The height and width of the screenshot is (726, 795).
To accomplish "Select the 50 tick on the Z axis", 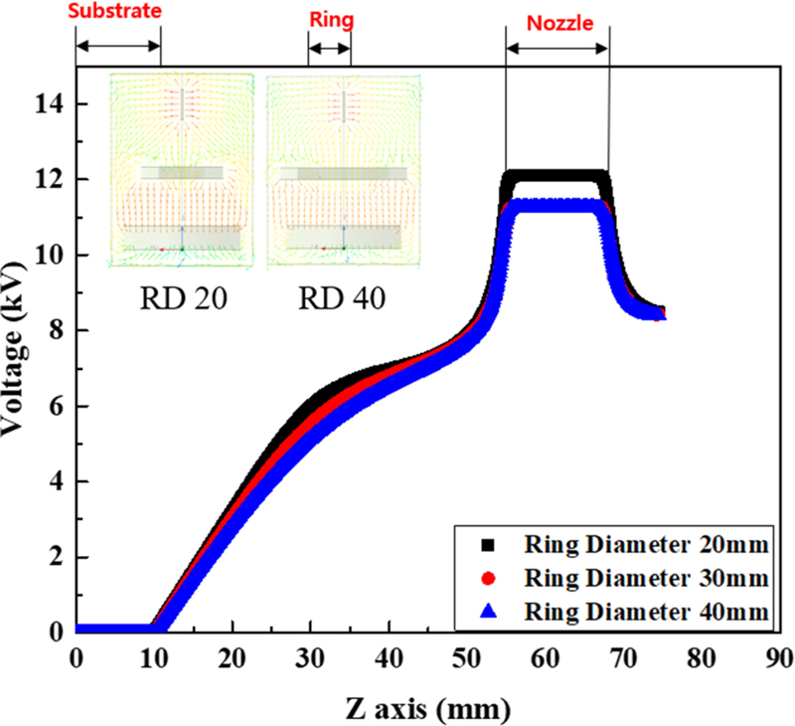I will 467,657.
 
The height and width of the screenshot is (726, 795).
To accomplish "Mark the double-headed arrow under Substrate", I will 118,47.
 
